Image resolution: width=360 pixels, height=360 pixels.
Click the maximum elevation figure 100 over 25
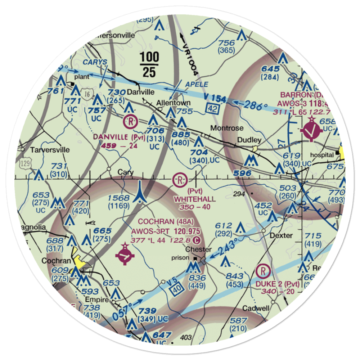[149, 64]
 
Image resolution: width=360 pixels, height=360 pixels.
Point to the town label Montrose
[227, 128]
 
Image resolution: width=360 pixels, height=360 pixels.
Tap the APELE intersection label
[197, 84]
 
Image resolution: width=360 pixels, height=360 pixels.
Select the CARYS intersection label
[95, 62]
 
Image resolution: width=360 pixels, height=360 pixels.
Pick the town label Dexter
[282, 236]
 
